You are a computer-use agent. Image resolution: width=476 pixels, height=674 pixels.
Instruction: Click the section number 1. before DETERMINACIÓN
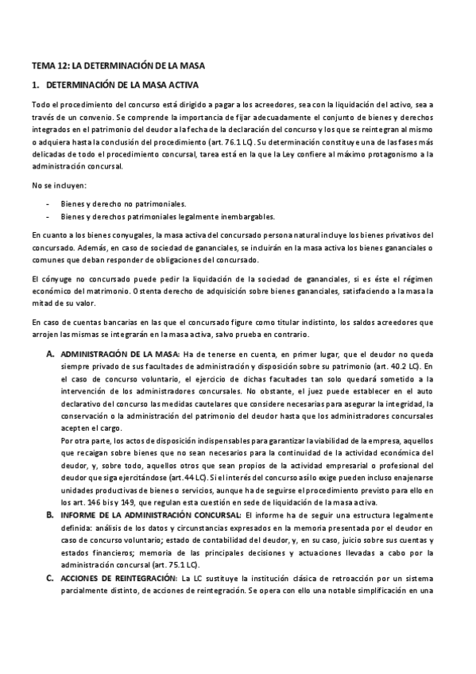(36, 84)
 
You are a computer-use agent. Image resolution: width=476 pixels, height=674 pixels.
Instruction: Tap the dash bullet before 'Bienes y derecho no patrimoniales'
(50, 203)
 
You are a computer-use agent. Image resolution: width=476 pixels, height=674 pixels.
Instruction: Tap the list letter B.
(50, 516)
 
